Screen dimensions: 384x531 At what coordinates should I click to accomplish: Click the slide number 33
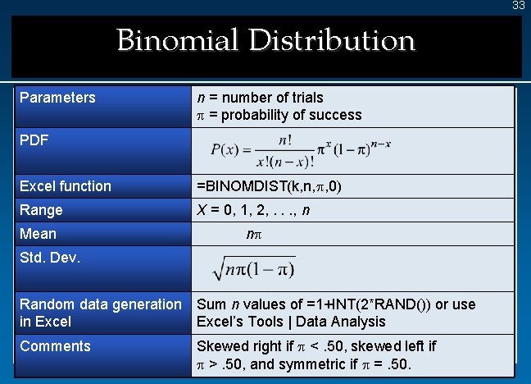[x=518, y=6]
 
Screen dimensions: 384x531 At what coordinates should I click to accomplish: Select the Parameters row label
[x=57, y=98]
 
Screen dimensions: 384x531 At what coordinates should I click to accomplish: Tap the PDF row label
[x=34, y=140]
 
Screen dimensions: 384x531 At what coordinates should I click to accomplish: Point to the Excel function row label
[x=66, y=186]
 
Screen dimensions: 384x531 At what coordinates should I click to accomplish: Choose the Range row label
[x=41, y=210]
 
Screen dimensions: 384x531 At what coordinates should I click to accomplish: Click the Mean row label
[x=38, y=235]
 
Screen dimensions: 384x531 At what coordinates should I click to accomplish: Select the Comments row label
[x=55, y=346]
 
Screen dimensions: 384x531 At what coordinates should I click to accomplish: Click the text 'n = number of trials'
[x=260, y=98]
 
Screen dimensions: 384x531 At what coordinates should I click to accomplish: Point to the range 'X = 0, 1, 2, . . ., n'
[x=253, y=210]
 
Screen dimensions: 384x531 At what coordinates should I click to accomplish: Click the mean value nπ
[x=254, y=235]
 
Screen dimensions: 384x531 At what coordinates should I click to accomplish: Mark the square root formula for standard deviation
[x=253, y=267]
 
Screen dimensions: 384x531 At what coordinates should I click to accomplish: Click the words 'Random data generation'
[x=101, y=304]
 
